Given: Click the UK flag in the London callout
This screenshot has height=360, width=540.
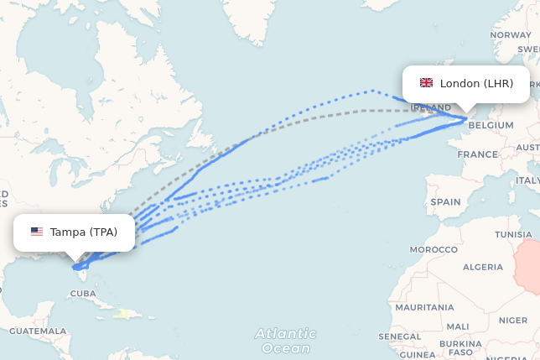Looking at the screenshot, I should tap(426, 83).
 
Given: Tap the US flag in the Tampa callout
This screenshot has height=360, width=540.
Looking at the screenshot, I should tap(37, 232).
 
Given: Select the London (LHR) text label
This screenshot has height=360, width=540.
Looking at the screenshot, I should tap(476, 83).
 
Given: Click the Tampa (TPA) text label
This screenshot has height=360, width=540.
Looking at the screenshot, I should tap(84, 232).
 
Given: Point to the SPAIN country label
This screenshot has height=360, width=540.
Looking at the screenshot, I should tap(445, 201).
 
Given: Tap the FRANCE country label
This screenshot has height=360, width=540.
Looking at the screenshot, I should tap(477, 154).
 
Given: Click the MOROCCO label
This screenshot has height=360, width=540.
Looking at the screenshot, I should tap(434, 250).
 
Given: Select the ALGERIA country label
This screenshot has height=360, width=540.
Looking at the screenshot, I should tap(483, 267).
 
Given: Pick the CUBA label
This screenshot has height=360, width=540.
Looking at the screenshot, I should tap(83, 293).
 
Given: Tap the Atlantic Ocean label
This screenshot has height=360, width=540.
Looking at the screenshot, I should tap(285, 341).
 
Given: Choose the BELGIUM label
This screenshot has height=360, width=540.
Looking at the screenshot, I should tap(491, 125).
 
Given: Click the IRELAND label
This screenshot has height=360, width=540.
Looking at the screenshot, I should tap(431, 108).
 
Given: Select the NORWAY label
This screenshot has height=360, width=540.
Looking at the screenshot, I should tap(511, 34).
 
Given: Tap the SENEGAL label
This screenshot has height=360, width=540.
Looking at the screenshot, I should tap(399, 336).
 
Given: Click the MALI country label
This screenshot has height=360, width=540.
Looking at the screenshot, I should tap(459, 326).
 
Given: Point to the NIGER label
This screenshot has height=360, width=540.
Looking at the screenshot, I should tap(518, 320).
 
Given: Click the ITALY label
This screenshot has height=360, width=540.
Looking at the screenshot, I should tap(528, 180).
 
